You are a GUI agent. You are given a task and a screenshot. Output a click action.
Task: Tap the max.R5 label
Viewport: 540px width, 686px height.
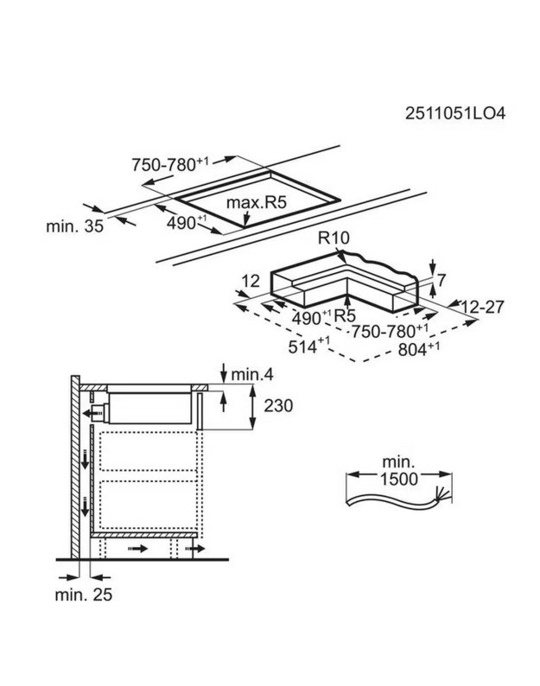256,204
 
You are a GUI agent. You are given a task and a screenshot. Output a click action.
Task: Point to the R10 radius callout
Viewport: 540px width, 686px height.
330,238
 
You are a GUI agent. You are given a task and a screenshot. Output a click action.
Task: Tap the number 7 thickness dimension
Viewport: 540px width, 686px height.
442,280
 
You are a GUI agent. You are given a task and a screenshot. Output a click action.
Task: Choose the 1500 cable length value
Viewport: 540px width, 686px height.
398,479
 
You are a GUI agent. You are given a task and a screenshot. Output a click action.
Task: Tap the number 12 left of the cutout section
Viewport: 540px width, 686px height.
251,281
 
